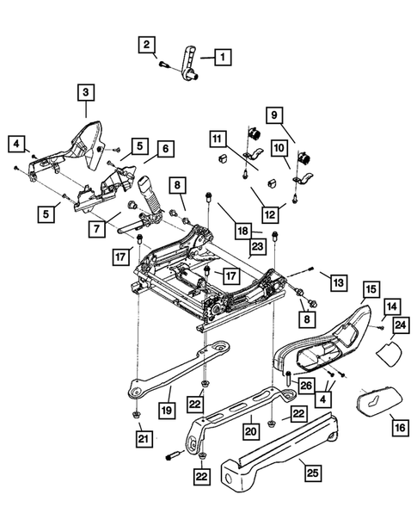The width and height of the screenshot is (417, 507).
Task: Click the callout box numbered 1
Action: coord(221,59)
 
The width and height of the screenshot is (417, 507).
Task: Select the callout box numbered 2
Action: coord(148,44)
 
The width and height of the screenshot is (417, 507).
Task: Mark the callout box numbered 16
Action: coord(400,425)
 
